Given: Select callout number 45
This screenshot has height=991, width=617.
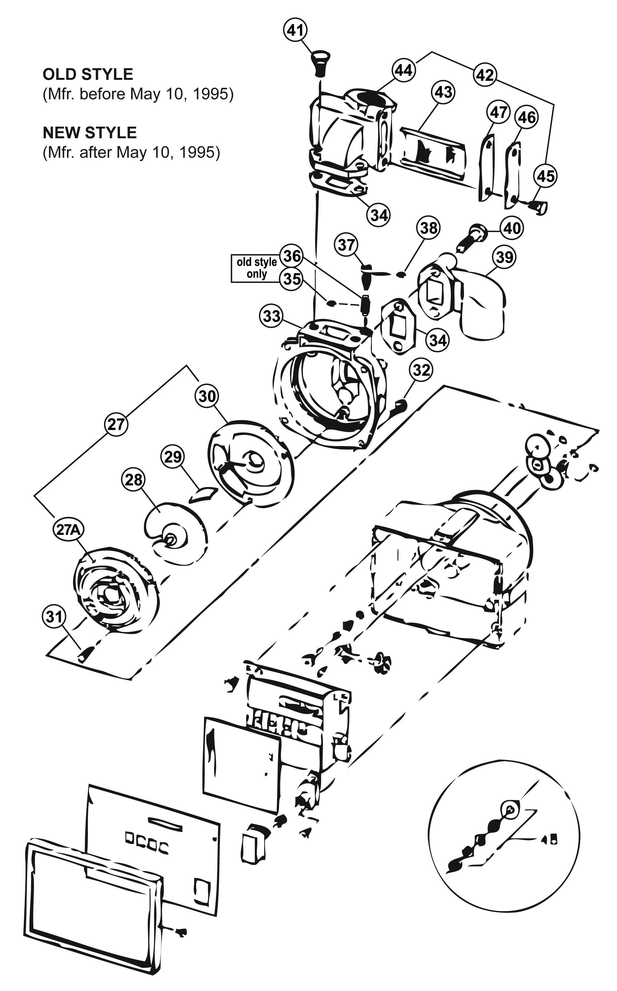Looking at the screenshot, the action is click(546, 176).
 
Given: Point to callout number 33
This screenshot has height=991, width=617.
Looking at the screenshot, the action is click(272, 316).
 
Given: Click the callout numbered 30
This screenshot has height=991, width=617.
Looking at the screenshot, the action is click(207, 396).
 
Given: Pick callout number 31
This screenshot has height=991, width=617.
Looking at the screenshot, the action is click(54, 617).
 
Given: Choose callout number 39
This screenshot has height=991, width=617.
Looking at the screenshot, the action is click(504, 257).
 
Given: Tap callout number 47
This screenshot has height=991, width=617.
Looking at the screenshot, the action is click(499, 112).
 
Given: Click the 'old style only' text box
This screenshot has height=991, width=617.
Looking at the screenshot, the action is click(257, 268).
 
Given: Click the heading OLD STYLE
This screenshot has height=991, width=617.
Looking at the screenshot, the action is click(88, 74).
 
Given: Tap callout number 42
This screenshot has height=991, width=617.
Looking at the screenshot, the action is click(485, 75).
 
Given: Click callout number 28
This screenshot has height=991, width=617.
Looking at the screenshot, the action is click(134, 480).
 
